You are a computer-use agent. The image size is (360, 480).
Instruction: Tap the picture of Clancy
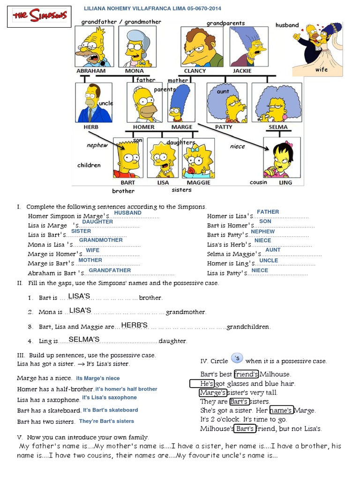202,46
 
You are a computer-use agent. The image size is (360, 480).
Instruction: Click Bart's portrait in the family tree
127,157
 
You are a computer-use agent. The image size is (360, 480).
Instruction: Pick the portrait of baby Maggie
198,157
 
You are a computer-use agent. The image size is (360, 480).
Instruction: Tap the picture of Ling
281,157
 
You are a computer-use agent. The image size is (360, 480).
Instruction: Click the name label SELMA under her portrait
277,127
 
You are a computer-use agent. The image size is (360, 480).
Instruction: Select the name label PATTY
224,127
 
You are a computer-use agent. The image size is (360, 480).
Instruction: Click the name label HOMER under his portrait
143,127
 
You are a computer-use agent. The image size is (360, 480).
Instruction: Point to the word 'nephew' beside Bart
97,145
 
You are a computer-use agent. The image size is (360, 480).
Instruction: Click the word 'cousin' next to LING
258,182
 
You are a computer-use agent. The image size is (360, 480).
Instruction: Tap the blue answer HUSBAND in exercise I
128,212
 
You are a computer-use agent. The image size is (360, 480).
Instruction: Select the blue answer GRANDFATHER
110,270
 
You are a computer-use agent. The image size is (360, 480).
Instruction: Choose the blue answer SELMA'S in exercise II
84,339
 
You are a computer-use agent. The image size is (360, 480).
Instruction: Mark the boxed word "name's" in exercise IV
281,410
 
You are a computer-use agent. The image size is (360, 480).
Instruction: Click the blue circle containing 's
237,359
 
